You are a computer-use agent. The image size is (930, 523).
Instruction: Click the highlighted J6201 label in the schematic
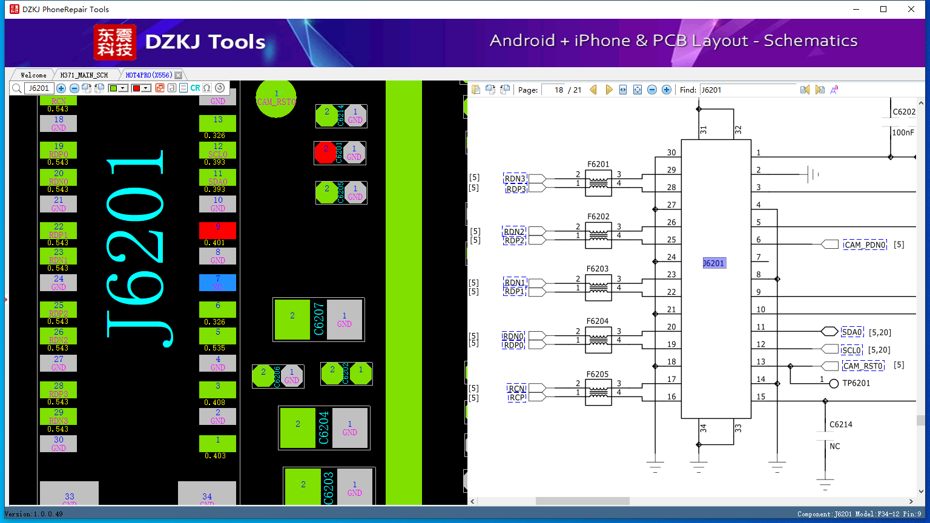pos(713,263)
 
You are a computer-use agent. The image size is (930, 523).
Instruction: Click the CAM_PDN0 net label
pos(865,245)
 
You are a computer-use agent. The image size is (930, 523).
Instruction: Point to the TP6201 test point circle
pos(834,384)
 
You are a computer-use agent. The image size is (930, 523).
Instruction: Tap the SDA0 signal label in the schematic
pos(851,332)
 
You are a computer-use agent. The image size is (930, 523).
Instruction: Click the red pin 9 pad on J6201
pos(217,230)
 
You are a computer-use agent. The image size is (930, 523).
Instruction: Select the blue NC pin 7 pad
pos(217,283)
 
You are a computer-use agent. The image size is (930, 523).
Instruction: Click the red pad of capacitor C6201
pos(326,153)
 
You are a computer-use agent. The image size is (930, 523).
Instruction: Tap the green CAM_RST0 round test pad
pos(276,98)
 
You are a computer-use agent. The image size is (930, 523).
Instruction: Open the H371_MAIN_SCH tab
pos(84,75)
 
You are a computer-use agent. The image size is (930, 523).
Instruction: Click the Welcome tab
pos(33,75)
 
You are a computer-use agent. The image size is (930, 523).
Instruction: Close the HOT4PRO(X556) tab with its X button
pos(178,75)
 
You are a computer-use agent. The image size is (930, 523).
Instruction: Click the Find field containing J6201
pos(747,90)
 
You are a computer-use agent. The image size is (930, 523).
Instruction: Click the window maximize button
pos(883,9)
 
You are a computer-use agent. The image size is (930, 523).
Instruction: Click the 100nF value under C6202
pos(903,133)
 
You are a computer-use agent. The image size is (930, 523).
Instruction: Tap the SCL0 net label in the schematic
pos(851,350)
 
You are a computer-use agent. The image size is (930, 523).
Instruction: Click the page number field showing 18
pos(553,90)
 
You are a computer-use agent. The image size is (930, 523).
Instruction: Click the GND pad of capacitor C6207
pos(344,320)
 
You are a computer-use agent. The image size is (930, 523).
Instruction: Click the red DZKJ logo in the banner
pos(115,42)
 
